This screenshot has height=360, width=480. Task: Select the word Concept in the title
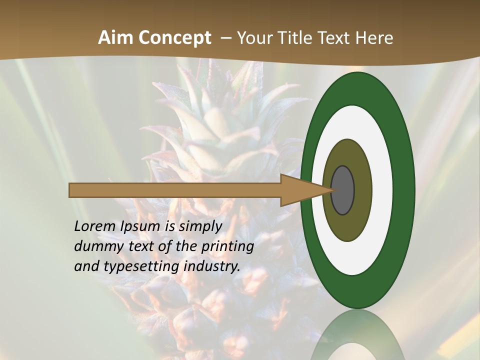[175, 38]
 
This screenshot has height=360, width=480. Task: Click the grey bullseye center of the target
[343, 190]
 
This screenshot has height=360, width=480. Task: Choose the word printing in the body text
[227, 247]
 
